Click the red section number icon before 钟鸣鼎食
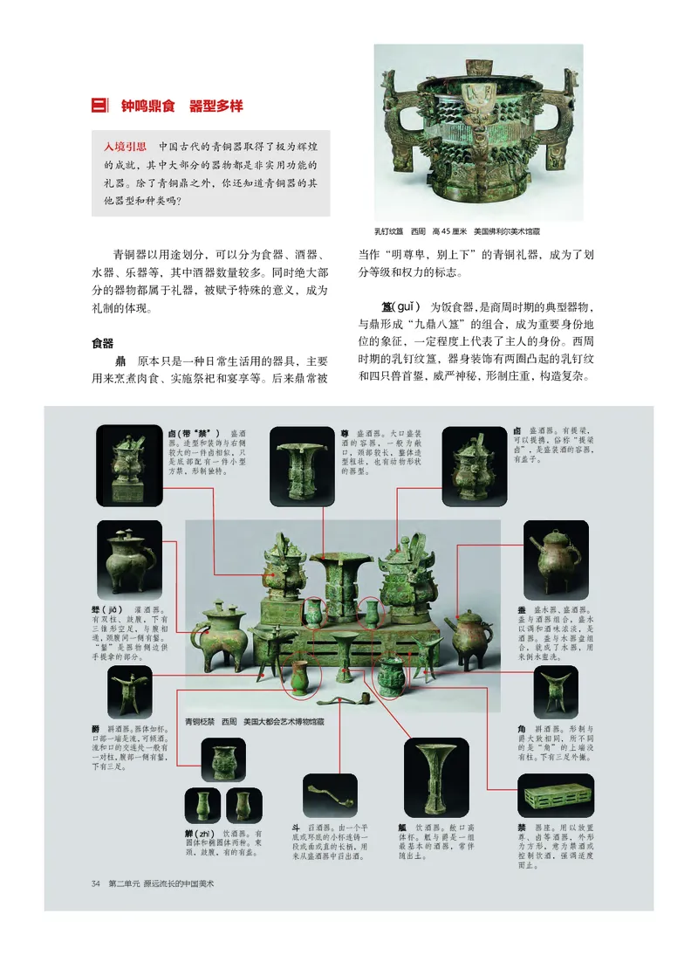click(x=99, y=106)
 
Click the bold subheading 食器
click(x=104, y=343)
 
